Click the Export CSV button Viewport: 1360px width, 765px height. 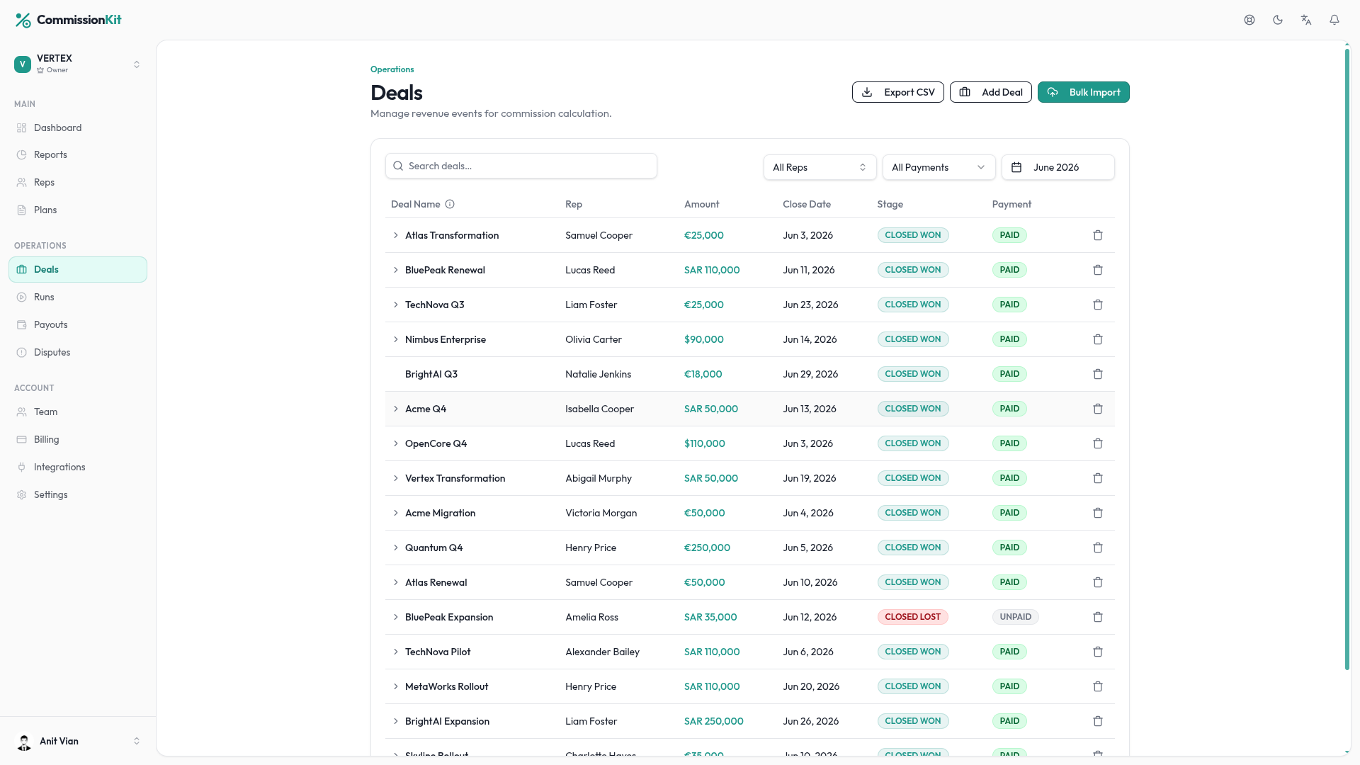click(x=897, y=92)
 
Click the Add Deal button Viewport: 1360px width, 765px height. click(x=990, y=92)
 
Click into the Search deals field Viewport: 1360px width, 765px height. click(x=521, y=166)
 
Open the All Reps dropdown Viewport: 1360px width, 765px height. click(x=820, y=167)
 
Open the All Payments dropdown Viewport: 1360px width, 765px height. click(x=939, y=167)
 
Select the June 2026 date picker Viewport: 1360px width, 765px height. click(x=1058, y=167)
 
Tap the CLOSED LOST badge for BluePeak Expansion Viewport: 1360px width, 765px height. click(x=912, y=617)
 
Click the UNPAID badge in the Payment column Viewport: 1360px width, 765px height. click(x=1015, y=617)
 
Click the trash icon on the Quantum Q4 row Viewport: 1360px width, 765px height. click(x=1098, y=548)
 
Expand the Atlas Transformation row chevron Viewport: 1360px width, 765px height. click(x=396, y=235)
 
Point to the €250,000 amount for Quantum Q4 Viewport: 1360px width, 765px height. click(x=707, y=548)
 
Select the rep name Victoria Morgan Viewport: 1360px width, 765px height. click(x=601, y=513)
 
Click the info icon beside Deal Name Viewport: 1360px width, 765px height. click(x=450, y=204)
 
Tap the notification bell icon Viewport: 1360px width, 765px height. click(x=1334, y=20)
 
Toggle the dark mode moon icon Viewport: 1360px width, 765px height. click(x=1278, y=20)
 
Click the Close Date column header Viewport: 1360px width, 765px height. click(x=807, y=204)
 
